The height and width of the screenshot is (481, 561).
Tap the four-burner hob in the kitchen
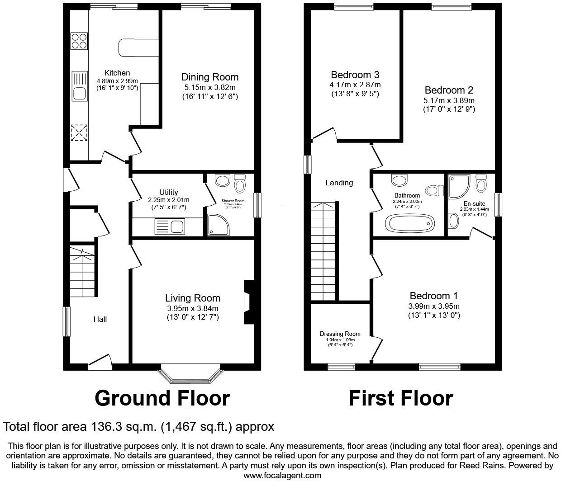(x=79, y=41)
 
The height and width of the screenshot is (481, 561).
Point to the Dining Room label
(x=210, y=77)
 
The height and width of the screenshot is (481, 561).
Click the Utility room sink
(x=169, y=226)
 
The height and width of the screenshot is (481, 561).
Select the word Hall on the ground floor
(x=100, y=319)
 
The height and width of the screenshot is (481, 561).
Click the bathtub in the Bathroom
(x=409, y=223)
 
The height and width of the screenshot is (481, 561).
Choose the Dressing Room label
(x=340, y=334)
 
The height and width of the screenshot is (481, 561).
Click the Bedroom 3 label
(x=355, y=75)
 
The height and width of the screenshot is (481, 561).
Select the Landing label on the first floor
(x=339, y=183)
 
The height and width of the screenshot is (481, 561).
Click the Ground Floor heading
(x=162, y=398)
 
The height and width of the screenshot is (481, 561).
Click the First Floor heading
(x=401, y=398)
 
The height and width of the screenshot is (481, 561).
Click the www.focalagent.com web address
(x=282, y=475)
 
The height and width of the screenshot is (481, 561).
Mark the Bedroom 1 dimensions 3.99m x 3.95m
(x=434, y=306)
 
